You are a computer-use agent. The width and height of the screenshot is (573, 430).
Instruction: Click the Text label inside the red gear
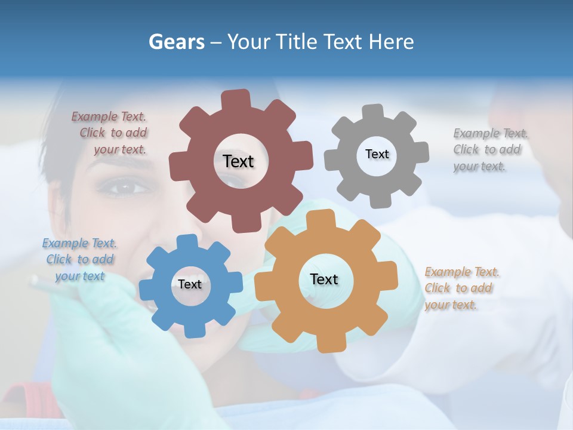(x=238, y=161)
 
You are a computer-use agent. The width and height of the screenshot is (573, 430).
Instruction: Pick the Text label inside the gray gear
(x=377, y=154)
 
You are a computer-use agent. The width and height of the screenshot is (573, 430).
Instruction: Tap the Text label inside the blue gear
(x=190, y=284)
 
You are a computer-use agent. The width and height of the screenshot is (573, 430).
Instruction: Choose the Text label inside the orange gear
(x=324, y=279)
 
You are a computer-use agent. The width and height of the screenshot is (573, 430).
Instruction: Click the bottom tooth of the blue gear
(x=193, y=329)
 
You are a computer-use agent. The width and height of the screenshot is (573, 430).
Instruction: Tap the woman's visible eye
(x=124, y=188)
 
